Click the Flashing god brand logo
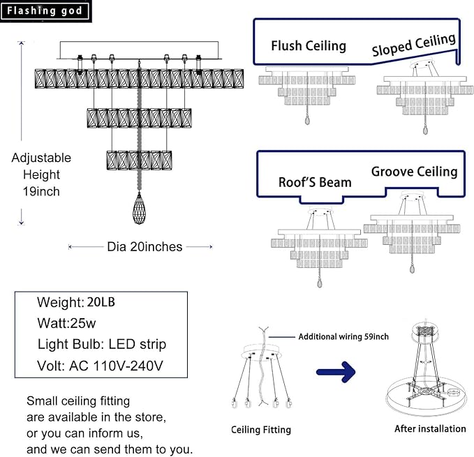45,11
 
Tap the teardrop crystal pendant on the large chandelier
139,209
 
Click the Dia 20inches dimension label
145,247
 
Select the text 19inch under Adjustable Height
41,191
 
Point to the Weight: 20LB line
76,302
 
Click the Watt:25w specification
66,323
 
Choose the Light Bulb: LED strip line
102,345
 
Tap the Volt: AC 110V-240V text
100,366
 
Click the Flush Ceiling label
309,46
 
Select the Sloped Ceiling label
414,45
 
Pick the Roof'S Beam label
315,182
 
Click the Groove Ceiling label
415,172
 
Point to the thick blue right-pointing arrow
336,372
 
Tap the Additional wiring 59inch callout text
343,336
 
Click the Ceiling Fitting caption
261,430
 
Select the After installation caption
430,428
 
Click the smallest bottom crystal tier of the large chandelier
139,160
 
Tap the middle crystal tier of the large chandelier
139,118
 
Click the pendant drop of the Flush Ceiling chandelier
307,120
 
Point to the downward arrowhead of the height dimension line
21,223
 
